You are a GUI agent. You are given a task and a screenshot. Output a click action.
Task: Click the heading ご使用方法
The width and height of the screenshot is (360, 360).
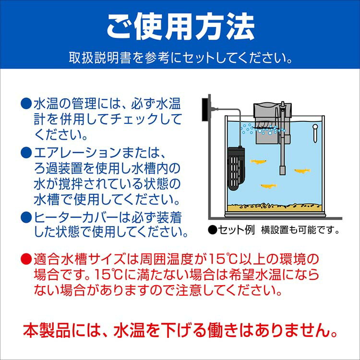click(x=180, y=27)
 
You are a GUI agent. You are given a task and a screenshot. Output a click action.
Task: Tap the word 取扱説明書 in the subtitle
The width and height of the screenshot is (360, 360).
click(x=100, y=58)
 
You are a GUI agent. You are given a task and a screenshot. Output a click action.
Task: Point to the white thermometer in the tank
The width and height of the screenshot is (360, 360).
click(x=315, y=133)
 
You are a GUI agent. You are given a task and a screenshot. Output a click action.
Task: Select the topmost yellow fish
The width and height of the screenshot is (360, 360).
click(x=258, y=161)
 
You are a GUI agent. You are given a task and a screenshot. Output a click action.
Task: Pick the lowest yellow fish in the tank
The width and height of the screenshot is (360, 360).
click(x=269, y=186)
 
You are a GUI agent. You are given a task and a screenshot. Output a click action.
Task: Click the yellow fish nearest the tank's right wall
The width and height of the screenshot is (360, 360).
click(x=302, y=170)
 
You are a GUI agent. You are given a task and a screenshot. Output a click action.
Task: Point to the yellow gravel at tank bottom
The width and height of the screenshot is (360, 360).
click(x=274, y=207)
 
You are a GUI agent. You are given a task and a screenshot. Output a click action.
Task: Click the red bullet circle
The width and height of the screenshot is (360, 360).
click(x=26, y=259)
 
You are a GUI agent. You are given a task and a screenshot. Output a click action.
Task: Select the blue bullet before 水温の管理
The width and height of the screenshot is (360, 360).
click(x=26, y=104)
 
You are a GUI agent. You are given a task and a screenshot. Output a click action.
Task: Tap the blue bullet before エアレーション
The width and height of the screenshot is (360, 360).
click(x=26, y=153)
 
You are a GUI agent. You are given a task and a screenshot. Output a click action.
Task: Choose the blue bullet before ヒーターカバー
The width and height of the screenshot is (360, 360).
click(x=26, y=217)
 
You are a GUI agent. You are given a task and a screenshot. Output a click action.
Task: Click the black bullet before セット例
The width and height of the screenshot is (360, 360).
click(x=212, y=230)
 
